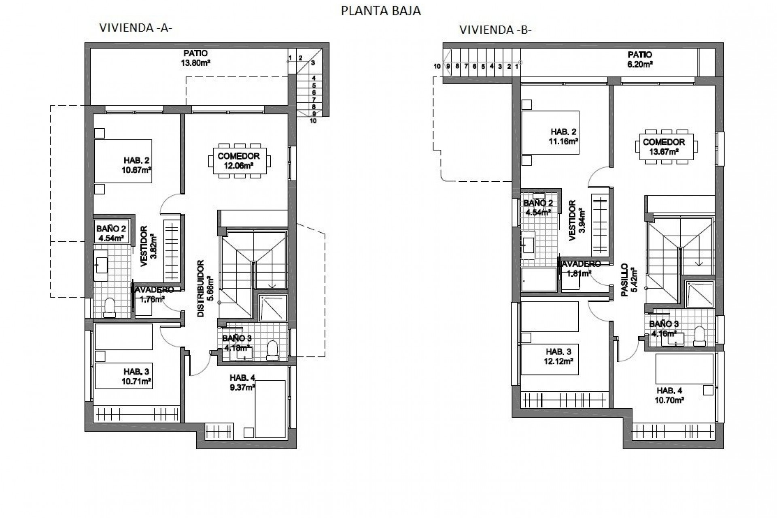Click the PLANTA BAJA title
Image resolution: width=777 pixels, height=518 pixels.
click(381, 11)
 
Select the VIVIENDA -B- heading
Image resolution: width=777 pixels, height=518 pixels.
click(495, 30)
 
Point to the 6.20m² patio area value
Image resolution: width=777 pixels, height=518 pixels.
click(640, 64)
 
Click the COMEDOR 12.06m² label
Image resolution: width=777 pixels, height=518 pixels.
click(238, 160)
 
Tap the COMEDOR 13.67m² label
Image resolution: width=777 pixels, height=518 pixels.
click(664, 146)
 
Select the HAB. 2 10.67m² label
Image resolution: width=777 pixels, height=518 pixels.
click(137, 165)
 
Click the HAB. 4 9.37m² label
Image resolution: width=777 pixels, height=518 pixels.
click(242, 382)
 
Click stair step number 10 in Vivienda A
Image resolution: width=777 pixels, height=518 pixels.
click(313, 121)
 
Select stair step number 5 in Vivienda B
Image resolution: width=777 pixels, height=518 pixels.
click(483, 66)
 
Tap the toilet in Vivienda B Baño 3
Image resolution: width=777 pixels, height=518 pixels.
click(699, 337)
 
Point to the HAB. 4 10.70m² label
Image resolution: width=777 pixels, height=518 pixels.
click(670, 395)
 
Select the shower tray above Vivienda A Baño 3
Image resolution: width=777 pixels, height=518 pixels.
click(272, 308)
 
